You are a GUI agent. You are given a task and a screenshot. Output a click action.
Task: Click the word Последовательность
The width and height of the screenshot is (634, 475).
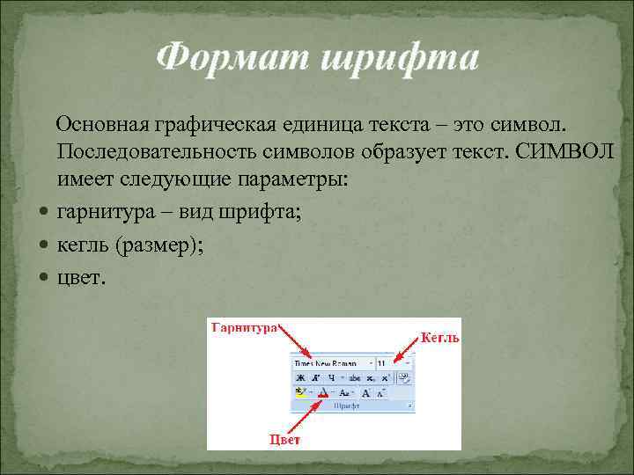point(163,150)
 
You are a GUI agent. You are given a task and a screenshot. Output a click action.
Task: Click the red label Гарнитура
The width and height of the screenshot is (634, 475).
point(244,326)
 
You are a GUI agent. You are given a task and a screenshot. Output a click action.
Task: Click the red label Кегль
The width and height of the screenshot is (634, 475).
point(439,336)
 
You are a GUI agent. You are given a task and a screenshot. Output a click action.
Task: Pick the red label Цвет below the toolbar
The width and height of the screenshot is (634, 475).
point(284,439)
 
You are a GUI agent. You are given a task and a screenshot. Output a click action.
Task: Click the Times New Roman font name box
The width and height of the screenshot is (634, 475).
point(331,362)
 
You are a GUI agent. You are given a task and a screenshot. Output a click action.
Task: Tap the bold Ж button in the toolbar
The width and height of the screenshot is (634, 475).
point(300,377)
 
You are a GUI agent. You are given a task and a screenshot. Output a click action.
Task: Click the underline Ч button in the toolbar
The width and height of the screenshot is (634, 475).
point(332,377)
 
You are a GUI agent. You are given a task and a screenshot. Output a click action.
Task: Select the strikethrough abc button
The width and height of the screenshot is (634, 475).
point(354,377)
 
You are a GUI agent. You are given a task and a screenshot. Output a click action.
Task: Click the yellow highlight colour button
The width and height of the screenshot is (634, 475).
point(301,392)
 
